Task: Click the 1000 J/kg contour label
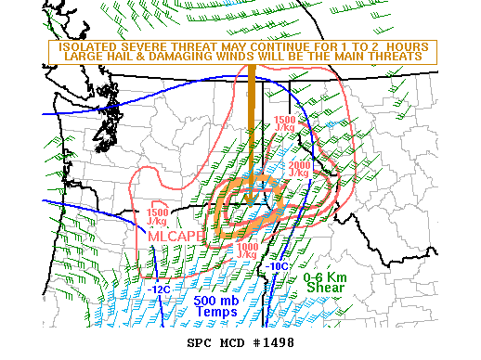247,251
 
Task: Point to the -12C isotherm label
159,289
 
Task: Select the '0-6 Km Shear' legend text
323,282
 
